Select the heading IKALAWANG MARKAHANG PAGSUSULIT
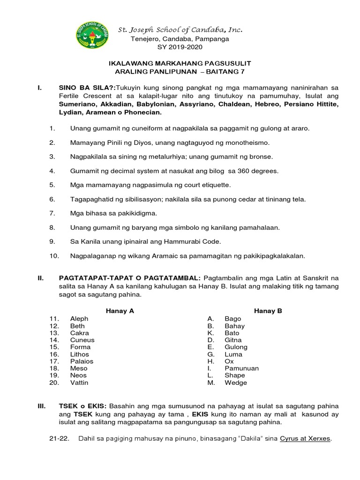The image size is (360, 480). coord(180,63)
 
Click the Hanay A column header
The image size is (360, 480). coord(120,311)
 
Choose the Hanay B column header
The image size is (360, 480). coord(268,311)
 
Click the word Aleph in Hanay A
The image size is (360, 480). coord(79,319)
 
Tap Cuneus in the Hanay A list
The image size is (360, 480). coord(82,340)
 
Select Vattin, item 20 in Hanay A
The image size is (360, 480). coord(79,382)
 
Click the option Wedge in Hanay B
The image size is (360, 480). coord(235,382)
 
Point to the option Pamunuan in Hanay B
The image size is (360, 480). coord(241,368)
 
